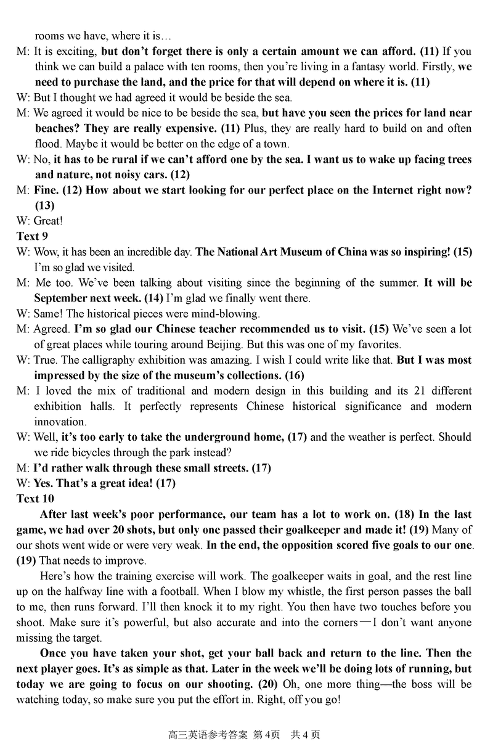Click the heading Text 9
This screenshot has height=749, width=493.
coord(32,236)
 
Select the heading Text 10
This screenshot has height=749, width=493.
coord(35,499)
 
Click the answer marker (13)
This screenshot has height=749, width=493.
coord(44,205)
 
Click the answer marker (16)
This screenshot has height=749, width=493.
coord(292,375)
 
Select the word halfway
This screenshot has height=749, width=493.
coord(84,591)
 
